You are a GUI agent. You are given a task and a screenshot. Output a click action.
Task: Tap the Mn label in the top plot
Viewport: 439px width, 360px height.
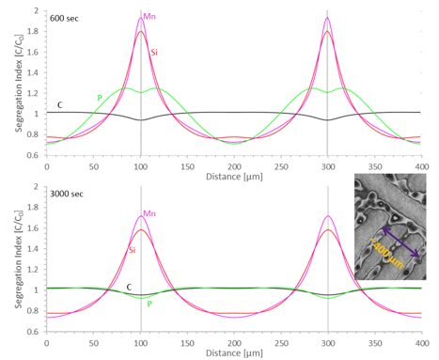pyautogui.click(x=149, y=16)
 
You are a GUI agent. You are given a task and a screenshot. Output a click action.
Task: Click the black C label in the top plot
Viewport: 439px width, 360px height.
pyautogui.click(x=60, y=104)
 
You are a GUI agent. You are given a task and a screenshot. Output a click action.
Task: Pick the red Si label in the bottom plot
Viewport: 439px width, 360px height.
pyautogui.click(x=127, y=248)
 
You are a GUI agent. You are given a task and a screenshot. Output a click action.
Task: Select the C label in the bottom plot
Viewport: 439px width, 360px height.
pyautogui.click(x=128, y=285)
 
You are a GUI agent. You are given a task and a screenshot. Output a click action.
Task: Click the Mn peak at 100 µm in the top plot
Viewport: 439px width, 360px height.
pyautogui.click(x=141, y=19)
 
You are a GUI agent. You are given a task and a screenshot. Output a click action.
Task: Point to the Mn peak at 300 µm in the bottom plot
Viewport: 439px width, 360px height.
pyautogui.click(x=327, y=217)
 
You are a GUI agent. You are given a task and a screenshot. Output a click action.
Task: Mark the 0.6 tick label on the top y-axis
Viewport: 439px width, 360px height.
pyautogui.click(x=34, y=155)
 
